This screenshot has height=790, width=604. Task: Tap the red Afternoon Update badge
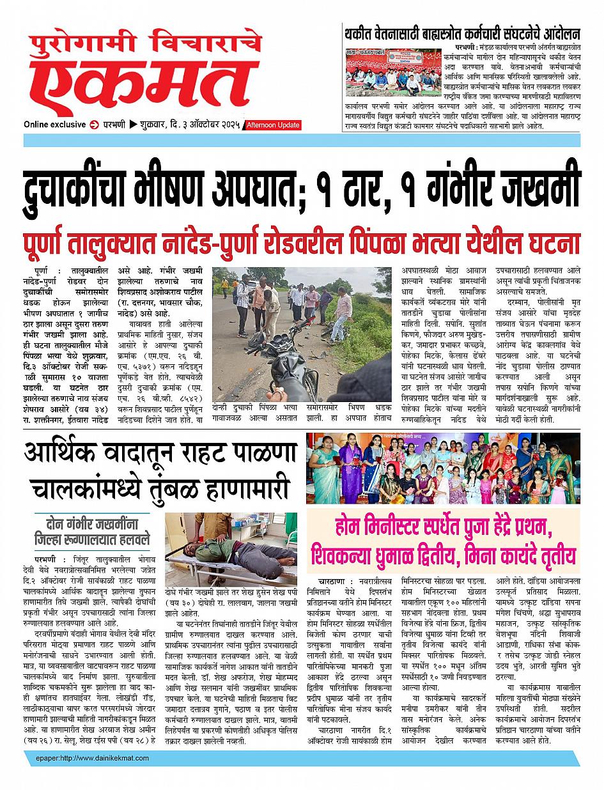(x=273, y=125)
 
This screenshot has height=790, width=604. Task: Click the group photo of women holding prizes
(x=444, y=469)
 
